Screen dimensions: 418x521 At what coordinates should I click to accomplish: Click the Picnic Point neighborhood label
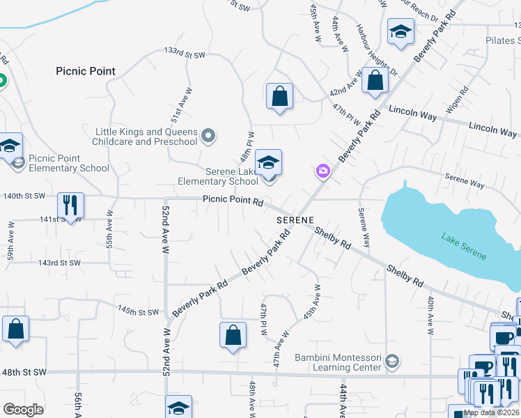coord(86,71)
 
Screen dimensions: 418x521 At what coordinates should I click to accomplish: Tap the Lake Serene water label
coord(464,247)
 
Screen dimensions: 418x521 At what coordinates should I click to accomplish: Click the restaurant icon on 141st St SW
coord(70,205)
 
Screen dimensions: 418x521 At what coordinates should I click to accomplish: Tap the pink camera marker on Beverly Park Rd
coord(322,171)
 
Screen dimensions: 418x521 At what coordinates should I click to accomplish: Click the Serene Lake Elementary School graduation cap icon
coord(268,162)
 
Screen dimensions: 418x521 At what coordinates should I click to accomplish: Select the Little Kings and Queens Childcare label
coord(146,137)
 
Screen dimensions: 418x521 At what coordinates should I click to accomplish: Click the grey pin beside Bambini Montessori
coord(392,360)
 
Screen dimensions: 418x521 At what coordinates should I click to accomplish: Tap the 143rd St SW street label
coord(59,263)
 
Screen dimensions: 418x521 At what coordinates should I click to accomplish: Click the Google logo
coord(24,410)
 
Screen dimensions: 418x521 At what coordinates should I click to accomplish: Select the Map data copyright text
coord(491,412)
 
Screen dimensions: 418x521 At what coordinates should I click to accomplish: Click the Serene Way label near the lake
coord(465,183)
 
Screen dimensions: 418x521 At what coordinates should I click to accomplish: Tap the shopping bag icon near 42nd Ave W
coord(375,81)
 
